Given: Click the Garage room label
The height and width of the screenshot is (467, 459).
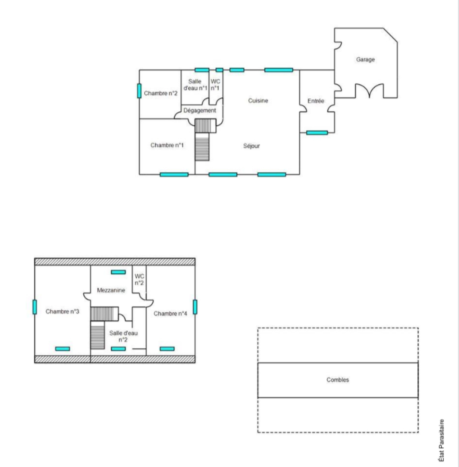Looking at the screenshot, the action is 365,60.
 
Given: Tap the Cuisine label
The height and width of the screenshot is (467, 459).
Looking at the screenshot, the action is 258,101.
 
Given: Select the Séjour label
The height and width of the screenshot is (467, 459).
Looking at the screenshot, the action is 252,146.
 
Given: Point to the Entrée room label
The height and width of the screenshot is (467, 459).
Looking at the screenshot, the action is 316,101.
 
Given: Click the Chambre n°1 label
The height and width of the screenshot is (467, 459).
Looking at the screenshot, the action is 167,145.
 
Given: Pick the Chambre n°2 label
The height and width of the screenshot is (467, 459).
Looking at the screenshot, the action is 161,93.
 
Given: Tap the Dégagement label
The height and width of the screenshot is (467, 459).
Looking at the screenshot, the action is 200,110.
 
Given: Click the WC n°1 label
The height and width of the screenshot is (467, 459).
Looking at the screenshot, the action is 215,85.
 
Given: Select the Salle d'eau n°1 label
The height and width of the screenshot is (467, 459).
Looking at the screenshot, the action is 195,85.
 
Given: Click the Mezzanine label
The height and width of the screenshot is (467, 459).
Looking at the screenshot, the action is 111,290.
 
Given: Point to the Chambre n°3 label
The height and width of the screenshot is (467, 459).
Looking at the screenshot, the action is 62,312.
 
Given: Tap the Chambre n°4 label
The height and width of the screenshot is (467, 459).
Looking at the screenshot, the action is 170,314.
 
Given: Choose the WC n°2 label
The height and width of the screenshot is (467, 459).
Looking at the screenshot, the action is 139,280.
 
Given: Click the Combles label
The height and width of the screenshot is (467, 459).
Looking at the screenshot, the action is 338,380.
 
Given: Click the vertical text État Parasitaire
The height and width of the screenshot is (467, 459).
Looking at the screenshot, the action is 442,440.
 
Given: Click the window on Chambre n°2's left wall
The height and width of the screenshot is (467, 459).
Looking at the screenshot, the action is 139,91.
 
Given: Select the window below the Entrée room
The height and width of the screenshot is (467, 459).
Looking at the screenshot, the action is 317,133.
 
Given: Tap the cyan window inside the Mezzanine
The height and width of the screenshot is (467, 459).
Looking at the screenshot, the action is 118,272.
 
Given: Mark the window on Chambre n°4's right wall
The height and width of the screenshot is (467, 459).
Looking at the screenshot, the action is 195,307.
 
